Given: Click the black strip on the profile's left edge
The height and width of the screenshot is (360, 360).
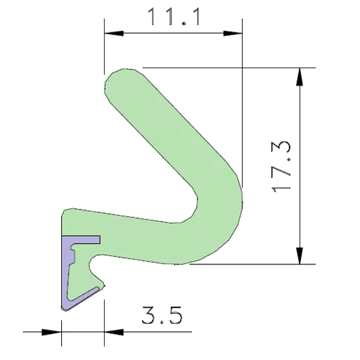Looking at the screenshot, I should (x=58, y=260).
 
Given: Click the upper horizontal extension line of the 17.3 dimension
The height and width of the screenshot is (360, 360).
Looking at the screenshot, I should (x=281, y=68).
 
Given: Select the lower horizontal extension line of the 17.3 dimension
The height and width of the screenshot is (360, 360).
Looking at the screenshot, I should (x=281, y=265).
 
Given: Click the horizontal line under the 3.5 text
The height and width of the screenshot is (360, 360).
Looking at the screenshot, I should (x=148, y=329).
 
